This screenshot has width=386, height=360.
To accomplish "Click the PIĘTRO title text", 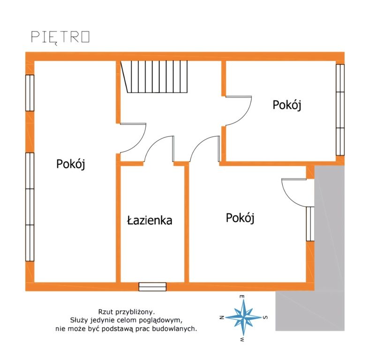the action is pyautogui.click(x=61, y=37).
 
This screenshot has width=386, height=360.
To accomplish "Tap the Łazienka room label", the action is pyautogui.click(x=150, y=220).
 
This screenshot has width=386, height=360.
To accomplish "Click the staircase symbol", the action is pyautogui.click(x=154, y=76).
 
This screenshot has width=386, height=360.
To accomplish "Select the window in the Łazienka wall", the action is pyautogui.click(x=152, y=287).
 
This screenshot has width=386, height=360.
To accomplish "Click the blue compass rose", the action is pyautogui.click(x=243, y=318).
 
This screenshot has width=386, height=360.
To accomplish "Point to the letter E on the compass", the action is pyautogui.click(x=242, y=297).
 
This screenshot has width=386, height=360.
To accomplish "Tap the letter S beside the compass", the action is pyautogui.click(x=265, y=317).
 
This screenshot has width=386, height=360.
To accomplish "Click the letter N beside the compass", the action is pyautogui.click(x=221, y=317).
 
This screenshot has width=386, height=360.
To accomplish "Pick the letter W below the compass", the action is pyautogui.click(x=242, y=339).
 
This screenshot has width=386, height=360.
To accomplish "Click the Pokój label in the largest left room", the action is pyautogui.click(x=71, y=164).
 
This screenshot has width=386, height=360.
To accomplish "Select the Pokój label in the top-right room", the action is pyautogui.click(x=287, y=105).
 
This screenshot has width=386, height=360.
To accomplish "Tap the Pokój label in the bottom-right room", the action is pyautogui.click(x=240, y=218).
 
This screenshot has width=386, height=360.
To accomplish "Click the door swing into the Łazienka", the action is pyautogui.click(x=159, y=149).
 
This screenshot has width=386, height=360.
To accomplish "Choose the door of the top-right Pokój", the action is pyautogui.click(x=239, y=111).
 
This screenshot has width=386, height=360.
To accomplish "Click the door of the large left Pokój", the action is pyautogui.click(x=133, y=138).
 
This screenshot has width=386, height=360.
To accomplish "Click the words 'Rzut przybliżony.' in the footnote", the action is pyautogui.click(x=127, y=312).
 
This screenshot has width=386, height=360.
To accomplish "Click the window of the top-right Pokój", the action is pyautogui.click(x=340, y=110).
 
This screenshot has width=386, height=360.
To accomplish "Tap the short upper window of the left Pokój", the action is pyautogui.click(x=30, y=93).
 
